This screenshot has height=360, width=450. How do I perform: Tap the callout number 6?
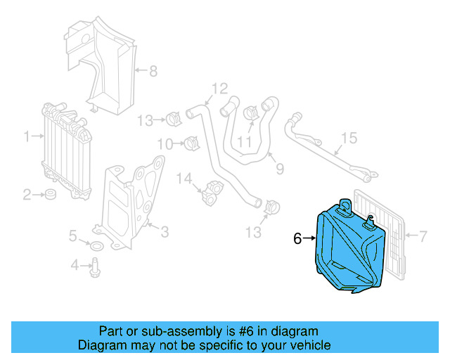coord(297,239)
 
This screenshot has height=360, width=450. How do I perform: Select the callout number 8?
coord(154,70)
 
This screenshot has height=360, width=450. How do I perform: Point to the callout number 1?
coord(27,136)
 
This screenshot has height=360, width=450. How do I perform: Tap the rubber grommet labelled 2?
coord(51,194)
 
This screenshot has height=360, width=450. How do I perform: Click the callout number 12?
coord(219,89)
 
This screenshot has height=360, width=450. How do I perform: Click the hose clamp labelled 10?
coord(191,144)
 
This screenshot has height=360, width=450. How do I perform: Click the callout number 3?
coord(164,231)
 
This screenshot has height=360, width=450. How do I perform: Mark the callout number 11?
coord(244,142)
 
